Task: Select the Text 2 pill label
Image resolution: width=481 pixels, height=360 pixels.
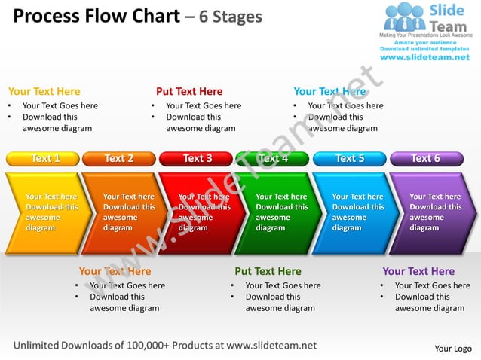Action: point(118,158)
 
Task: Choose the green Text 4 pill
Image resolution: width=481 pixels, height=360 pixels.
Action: point(272,158)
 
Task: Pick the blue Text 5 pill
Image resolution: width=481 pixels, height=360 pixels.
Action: point(349,158)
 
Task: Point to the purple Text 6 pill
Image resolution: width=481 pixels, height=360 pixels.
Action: point(425,158)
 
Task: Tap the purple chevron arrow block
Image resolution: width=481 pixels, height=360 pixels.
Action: point(430,212)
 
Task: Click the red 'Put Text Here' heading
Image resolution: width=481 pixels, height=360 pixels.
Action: point(189,92)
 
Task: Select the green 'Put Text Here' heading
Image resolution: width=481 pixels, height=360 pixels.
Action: point(268,271)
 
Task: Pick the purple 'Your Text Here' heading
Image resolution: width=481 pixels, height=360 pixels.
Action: point(418,271)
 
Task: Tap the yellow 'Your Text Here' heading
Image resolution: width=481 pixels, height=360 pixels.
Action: point(44,92)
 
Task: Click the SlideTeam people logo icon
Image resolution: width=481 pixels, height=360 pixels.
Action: point(404,17)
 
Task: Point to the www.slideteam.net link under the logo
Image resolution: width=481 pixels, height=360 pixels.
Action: point(424,57)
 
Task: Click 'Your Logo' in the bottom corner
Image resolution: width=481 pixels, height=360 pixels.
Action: point(453,349)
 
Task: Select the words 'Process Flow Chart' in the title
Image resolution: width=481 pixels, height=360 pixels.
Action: point(97,16)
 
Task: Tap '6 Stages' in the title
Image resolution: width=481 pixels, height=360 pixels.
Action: point(231,17)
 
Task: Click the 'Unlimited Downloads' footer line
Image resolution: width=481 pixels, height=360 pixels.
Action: point(165,346)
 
